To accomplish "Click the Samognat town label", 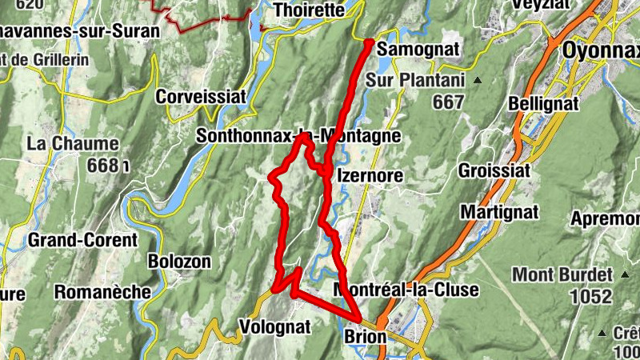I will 417,50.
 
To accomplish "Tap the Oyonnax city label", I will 600,50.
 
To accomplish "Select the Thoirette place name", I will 309,10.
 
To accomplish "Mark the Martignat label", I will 498,212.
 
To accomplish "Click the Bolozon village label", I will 180,261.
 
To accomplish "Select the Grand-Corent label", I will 83,239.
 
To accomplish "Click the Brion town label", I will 365,338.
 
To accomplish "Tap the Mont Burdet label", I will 562,274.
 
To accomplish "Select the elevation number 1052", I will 590,296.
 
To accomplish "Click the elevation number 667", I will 448,102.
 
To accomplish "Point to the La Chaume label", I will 73,144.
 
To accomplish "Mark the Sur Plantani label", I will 415,80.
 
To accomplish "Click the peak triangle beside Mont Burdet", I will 624,274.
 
